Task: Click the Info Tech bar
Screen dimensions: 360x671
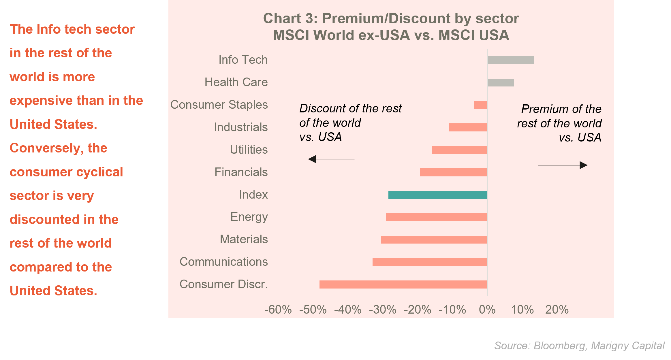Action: coord(511,60)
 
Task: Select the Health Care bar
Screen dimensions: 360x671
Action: coord(501,82)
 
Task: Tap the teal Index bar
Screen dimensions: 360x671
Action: coord(437,195)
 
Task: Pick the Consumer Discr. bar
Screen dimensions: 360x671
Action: coord(403,284)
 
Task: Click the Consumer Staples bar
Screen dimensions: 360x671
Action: coord(480,105)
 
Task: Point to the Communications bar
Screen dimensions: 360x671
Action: coord(430,262)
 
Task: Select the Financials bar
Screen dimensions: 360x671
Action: coord(453,172)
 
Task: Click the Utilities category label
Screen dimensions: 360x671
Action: coord(249,150)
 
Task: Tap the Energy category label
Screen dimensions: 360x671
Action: coord(249,217)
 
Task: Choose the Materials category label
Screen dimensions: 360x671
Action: coord(244,239)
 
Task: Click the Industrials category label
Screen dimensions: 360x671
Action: coord(240,127)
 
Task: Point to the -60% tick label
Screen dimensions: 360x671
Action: coord(278,310)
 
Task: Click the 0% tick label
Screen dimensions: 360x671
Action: coord(487,310)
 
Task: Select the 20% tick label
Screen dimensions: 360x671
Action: coord(557,310)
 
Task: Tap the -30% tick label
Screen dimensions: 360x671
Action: coord(383,310)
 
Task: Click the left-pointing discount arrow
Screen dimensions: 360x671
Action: coord(331,159)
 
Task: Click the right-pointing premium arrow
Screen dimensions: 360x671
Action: coord(563,165)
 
